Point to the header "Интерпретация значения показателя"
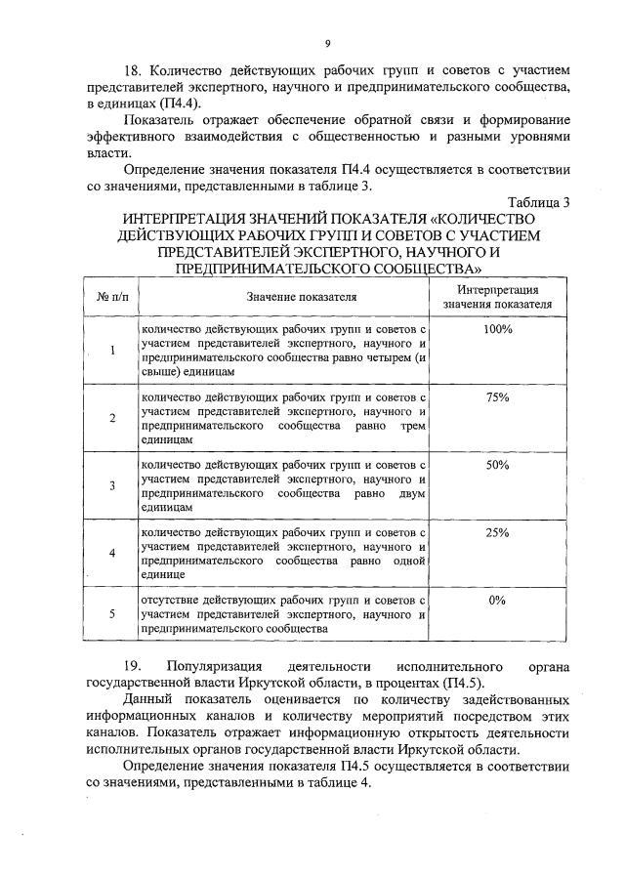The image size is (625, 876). click(x=497, y=297)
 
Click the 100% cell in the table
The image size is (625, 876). click(x=497, y=330)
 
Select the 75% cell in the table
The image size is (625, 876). click(x=497, y=397)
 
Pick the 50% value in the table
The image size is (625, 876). click(x=497, y=465)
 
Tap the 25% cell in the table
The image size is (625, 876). click(x=497, y=533)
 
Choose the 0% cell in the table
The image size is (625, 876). click(x=497, y=601)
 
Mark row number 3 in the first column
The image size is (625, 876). click(x=112, y=485)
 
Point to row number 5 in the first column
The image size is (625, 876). click(x=112, y=614)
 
